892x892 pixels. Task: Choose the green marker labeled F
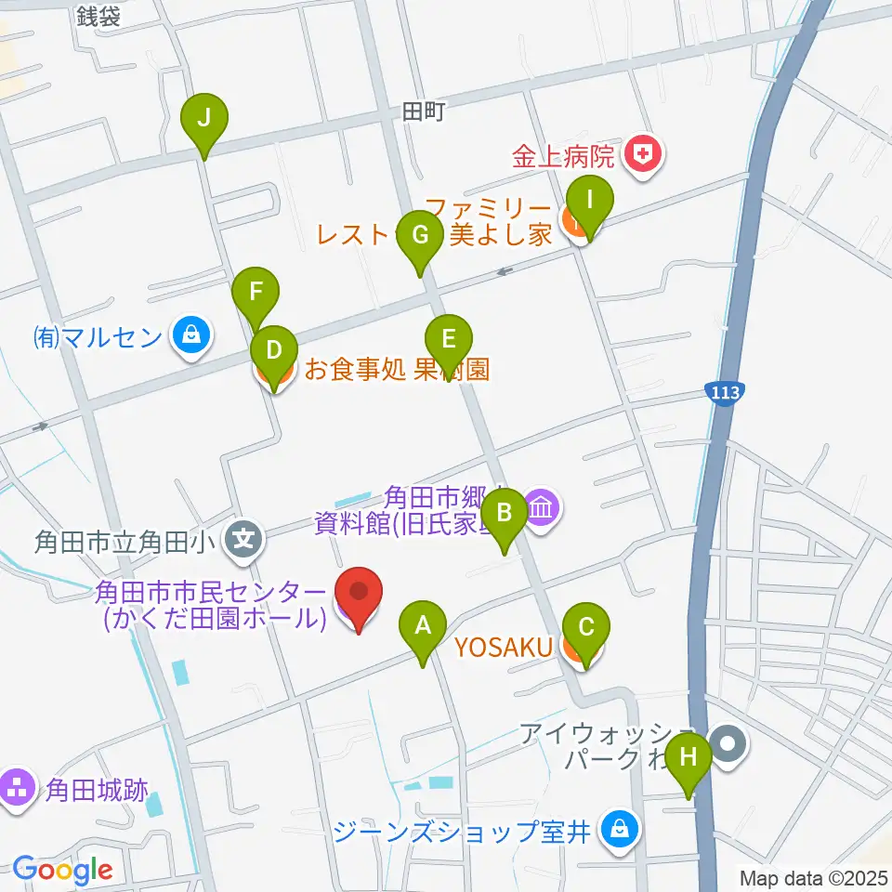pos(256,295)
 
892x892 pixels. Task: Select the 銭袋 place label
pos(98,16)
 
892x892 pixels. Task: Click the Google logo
pos(62,870)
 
